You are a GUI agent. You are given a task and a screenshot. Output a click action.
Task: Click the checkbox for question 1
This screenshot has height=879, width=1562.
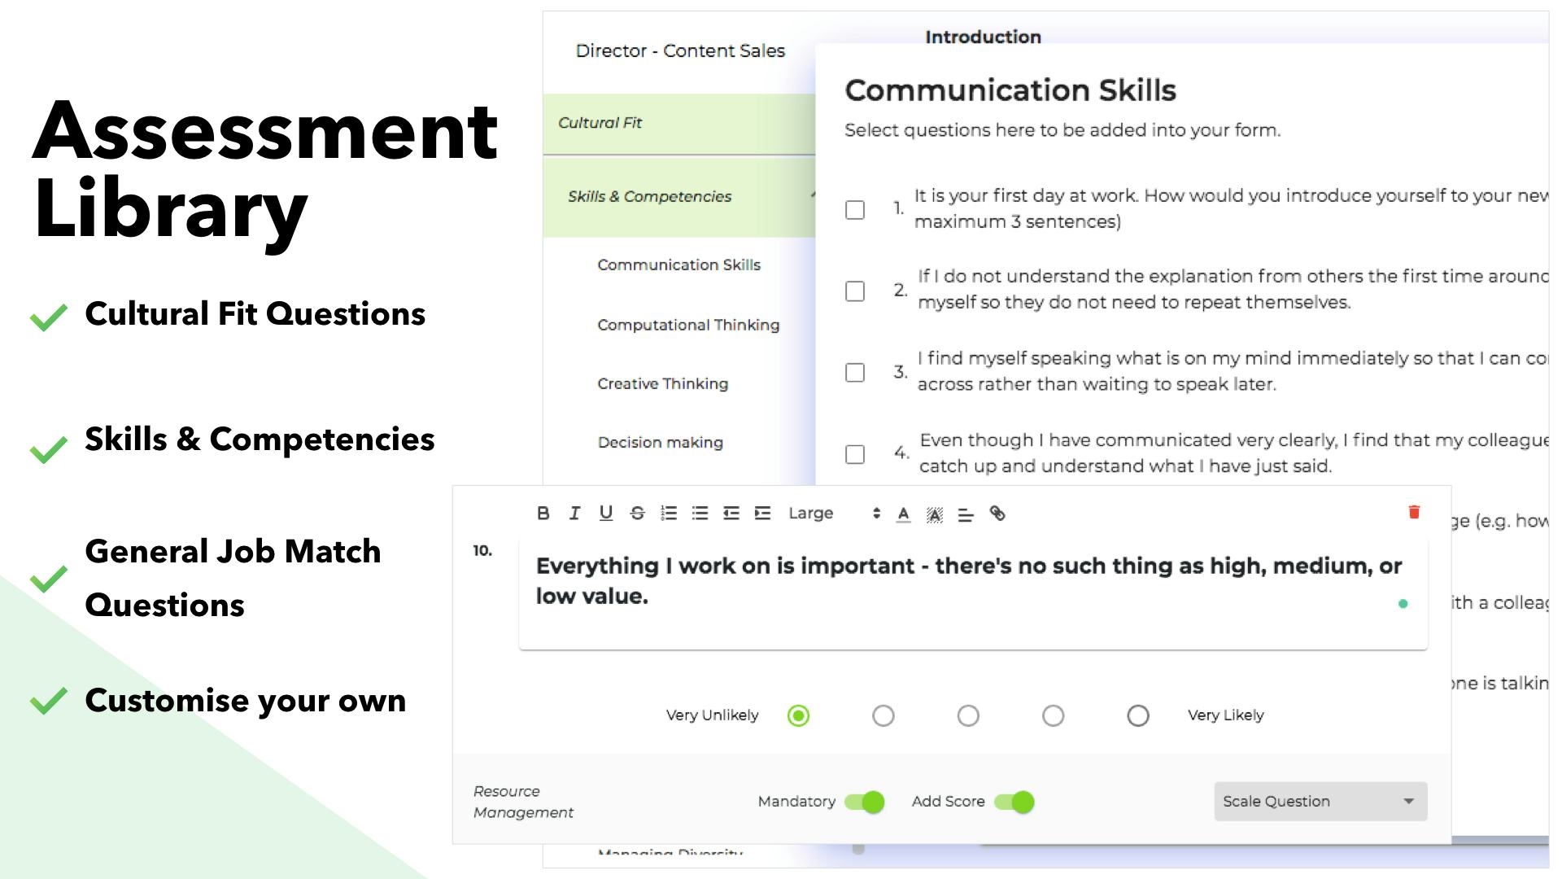coord(854,209)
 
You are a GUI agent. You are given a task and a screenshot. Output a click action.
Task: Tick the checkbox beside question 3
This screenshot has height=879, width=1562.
coord(854,372)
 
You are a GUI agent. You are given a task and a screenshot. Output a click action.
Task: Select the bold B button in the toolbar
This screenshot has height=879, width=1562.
coord(543,513)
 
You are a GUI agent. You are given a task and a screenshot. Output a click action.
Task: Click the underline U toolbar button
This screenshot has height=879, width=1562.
coord(606,513)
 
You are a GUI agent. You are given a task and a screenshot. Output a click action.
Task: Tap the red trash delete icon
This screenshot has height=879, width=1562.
coord(1414,512)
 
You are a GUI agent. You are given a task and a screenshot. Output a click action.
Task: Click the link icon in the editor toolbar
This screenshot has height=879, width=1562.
coord(997,513)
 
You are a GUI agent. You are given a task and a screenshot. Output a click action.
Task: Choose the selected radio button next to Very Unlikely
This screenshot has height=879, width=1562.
coord(798,715)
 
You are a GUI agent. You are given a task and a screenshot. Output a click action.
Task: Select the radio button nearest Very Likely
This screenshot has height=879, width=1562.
coord(1137,715)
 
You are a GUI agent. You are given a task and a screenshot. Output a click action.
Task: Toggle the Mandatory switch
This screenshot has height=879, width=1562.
coord(864,802)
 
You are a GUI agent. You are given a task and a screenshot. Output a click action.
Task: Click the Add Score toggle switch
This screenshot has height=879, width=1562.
coord(1014,802)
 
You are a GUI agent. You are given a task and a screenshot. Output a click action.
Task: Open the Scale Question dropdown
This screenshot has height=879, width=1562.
coord(1320,801)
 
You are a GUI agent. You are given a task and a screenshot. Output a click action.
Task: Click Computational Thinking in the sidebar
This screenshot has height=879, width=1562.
coord(688,325)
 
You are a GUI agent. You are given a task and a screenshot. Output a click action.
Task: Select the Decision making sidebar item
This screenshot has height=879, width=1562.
coord(660,442)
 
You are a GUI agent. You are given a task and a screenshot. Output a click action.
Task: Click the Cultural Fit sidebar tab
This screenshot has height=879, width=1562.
coord(600,123)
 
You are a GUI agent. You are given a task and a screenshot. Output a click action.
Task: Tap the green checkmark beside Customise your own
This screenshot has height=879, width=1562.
coord(49,701)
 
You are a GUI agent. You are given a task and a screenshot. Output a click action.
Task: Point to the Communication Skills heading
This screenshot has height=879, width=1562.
coord(1010,90)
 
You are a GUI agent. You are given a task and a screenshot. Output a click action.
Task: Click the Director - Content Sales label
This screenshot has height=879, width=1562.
coord(680,50)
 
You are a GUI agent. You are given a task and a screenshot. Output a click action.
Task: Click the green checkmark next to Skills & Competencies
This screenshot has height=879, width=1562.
coord(49,448)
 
